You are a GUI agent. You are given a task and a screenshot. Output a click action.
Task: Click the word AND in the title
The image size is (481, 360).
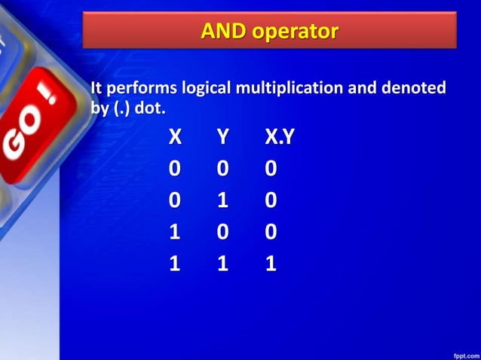pyautogui.click(x=222, y=32)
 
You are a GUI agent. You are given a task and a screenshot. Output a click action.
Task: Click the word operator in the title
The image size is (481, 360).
pyautogui.click(x=293, y=32)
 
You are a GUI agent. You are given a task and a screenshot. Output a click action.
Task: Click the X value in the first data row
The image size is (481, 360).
pyautogui.click(x=175, y=169)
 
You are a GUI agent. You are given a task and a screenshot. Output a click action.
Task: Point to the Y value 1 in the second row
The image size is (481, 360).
pyautogui.click(x=222, y=201)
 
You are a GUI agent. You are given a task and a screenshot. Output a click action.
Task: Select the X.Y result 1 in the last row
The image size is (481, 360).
pyautogui.click(x=271, y=264)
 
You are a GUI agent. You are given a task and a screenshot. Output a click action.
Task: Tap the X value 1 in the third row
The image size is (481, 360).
pyautogui.click(x=175, y=232)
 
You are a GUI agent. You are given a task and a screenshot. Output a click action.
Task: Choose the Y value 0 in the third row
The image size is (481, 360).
pyautogui.click(x=222, y=232)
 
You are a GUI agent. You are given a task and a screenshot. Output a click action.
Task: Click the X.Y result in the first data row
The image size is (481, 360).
pyautogui.click(x=271, y=169)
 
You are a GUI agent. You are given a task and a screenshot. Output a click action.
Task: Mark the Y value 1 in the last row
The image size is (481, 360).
pyautogui.click(x=222, y=264)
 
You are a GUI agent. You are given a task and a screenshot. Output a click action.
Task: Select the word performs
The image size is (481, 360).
pyautogui.click(x=139, y=88)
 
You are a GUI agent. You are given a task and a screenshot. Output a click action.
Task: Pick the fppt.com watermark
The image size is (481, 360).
pyautogui.click(x=463, y=352)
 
